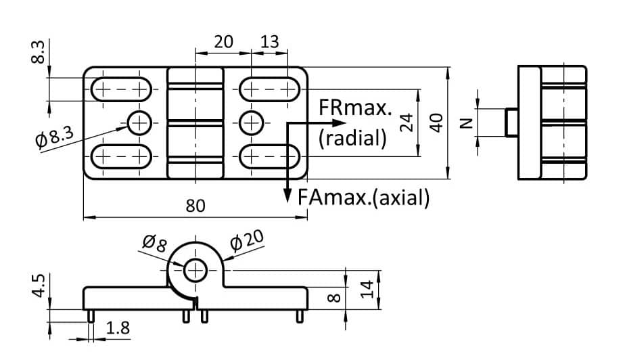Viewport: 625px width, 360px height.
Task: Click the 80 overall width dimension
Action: (195, 206)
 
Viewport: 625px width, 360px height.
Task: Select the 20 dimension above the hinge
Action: (223, 42)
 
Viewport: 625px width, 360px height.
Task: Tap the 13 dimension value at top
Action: (269, 42)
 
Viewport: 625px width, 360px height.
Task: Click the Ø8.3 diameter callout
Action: (54, 135)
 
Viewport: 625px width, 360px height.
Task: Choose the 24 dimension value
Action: (406, 122)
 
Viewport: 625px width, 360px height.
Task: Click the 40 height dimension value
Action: (436, 122)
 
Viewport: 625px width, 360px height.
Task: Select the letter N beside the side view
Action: (465, 122)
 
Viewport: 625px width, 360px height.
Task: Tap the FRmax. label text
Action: (354, 108)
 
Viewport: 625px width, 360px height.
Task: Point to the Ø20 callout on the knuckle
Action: (246, 240)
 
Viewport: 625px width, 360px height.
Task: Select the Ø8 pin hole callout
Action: (154, 242)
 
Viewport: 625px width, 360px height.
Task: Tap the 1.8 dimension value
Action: (118, 329)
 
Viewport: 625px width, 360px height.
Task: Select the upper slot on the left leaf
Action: (122, 89)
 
